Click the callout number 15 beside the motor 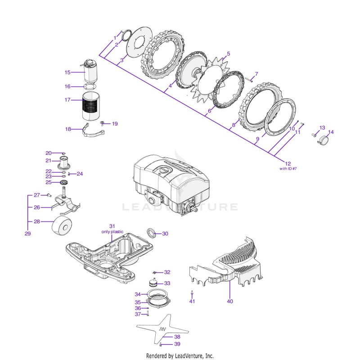(67, 72)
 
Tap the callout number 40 (230, 301)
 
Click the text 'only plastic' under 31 (112, 232)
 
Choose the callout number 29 (27, 234)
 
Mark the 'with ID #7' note (288, 168)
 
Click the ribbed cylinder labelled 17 (91, 106)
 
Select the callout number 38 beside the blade (177, 337)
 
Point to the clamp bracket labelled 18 (93, 131)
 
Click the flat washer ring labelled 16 (90, 87)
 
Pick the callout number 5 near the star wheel (229, 54)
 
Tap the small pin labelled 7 (249, 79)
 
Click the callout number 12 (288, 164)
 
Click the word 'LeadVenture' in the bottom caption (188, 356)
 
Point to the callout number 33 (167, 283)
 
